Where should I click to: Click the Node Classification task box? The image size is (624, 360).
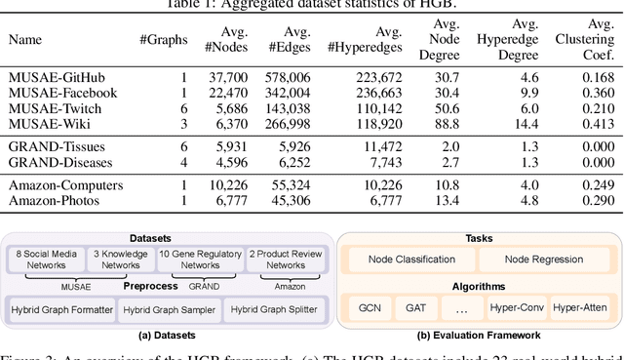pyautogui.click(x=406, y=260)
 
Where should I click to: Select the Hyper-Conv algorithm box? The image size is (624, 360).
pyautogui.click(x=518, y=309)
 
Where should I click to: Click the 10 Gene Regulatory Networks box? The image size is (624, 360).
pyautogui.click(x=201, y=259)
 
